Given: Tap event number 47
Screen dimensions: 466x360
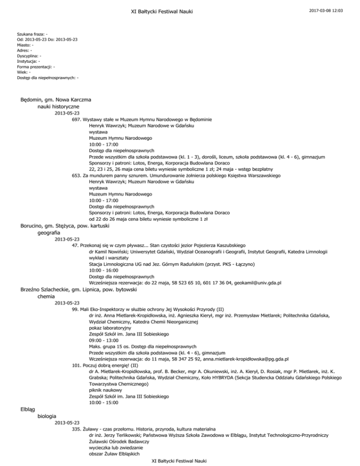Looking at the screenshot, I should pyautogui.click(x=76, y=245).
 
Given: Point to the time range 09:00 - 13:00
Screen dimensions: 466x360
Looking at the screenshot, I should pyautogui.click(x=105, y=346).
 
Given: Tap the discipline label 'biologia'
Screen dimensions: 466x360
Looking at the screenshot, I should pyautogui.click(x=47, y=415).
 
